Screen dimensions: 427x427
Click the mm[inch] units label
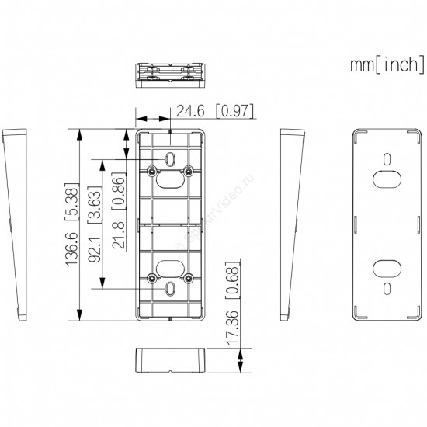coord(387,64)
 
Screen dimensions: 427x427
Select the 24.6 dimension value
coord(190,111)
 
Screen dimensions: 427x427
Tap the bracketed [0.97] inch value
coord(234,111)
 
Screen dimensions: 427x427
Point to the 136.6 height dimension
coord(72,249)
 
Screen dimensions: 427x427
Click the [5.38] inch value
coord(72,202)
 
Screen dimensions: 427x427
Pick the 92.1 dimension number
coord(95,249)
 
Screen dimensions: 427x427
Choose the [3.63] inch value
coord(95,205)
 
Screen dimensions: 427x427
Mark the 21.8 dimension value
coord(119,235)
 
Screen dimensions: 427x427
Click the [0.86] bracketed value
coord(119,191)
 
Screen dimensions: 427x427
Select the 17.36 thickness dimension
coord(233,328)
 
